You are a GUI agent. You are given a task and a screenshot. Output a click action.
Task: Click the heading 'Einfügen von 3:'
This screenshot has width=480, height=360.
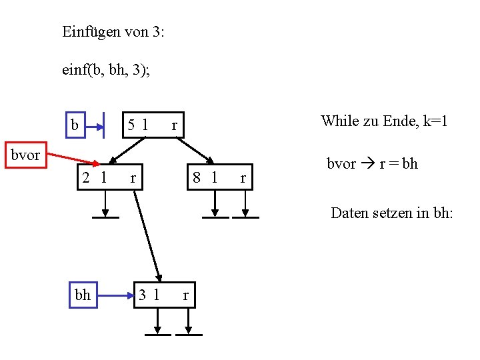point(113,31)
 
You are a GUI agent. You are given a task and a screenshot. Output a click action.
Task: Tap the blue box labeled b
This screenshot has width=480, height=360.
point(75,125)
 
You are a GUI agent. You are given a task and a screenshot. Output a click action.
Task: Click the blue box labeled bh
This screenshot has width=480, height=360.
point(83,295)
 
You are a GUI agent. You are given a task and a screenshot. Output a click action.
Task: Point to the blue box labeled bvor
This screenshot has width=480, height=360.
point(25,155)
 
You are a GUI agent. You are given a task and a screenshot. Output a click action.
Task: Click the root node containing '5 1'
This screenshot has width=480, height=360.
point(153,124)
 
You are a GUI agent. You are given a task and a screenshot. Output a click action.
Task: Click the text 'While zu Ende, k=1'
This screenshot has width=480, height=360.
point(383,121)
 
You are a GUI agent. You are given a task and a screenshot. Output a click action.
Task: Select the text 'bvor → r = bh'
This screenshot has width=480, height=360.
point(372,164)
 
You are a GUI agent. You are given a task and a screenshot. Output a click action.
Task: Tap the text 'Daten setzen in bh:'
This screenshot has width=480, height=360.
point(392,213)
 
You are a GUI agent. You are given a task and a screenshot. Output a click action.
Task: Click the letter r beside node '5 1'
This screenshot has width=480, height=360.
point(174,125)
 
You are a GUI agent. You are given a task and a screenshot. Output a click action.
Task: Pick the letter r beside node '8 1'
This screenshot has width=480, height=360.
point(243,178)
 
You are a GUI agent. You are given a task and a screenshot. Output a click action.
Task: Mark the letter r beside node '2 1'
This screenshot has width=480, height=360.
point(133,178)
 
